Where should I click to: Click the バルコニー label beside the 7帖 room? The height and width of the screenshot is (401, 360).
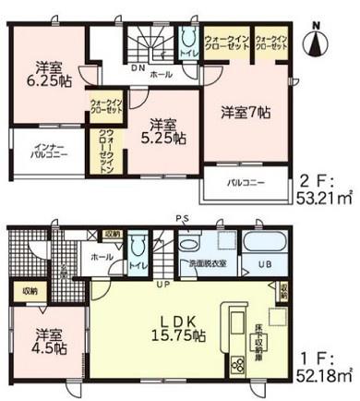(248, 183)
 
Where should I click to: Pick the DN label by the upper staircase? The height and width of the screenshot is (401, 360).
(136, 67)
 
